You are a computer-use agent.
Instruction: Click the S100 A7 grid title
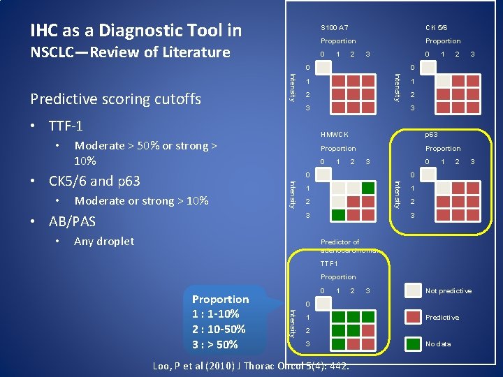pyautogui.click(x=334, y=27)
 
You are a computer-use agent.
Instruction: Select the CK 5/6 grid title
pyautogui.click(x=437, y=27)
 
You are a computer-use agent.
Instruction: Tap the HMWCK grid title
pyautogui.click(x=334, y=134)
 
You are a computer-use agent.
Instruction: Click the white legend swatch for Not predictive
pyautogui.click(x=414, y=290)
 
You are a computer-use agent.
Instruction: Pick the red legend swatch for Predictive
pyautogui.click(x=414, y=317)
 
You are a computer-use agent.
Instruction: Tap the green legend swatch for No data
pyautogui.click(x=414, y=343)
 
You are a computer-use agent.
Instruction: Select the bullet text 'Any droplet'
pyautogui.click(x=104, y=242)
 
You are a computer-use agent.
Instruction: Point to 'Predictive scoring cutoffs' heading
pyautogui.click(x=116, y=99)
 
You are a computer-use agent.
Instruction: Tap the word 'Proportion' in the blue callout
pyautogui.click(x=220, y=299)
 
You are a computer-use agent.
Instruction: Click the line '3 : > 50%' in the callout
pyautogui.click(x=215, y=344)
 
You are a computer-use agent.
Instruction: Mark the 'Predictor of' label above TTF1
pyautogui.click(x=340, y=242)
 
